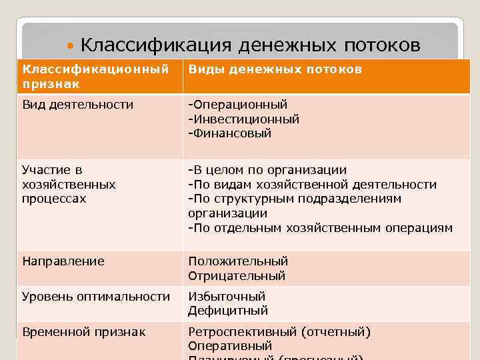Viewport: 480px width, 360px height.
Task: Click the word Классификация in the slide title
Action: click(155, 45)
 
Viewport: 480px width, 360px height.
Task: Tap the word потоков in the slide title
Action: click(383, 45)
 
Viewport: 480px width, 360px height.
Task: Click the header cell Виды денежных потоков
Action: click(275, 69)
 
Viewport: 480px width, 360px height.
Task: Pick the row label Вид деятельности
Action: click(77, 104)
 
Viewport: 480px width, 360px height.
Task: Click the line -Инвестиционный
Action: click(243, 119)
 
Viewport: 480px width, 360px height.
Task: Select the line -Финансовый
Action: click(229, 133)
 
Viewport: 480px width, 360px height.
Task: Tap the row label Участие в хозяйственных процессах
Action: click(68, 184)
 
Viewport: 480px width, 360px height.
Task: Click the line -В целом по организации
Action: click(267, 170)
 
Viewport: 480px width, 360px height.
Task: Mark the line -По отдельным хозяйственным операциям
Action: click(320, 228)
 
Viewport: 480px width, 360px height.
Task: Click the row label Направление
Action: click(63, 261)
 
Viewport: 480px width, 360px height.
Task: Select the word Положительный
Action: click(238, 261)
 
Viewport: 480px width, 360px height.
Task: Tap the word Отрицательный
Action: click(237, 276)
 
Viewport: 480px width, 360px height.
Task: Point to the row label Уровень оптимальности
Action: click(95, 296)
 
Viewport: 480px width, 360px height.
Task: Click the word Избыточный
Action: click(227, 296)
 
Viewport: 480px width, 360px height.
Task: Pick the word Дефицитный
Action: click(228, 311)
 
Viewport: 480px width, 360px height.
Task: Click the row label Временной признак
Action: click(83, 331)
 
